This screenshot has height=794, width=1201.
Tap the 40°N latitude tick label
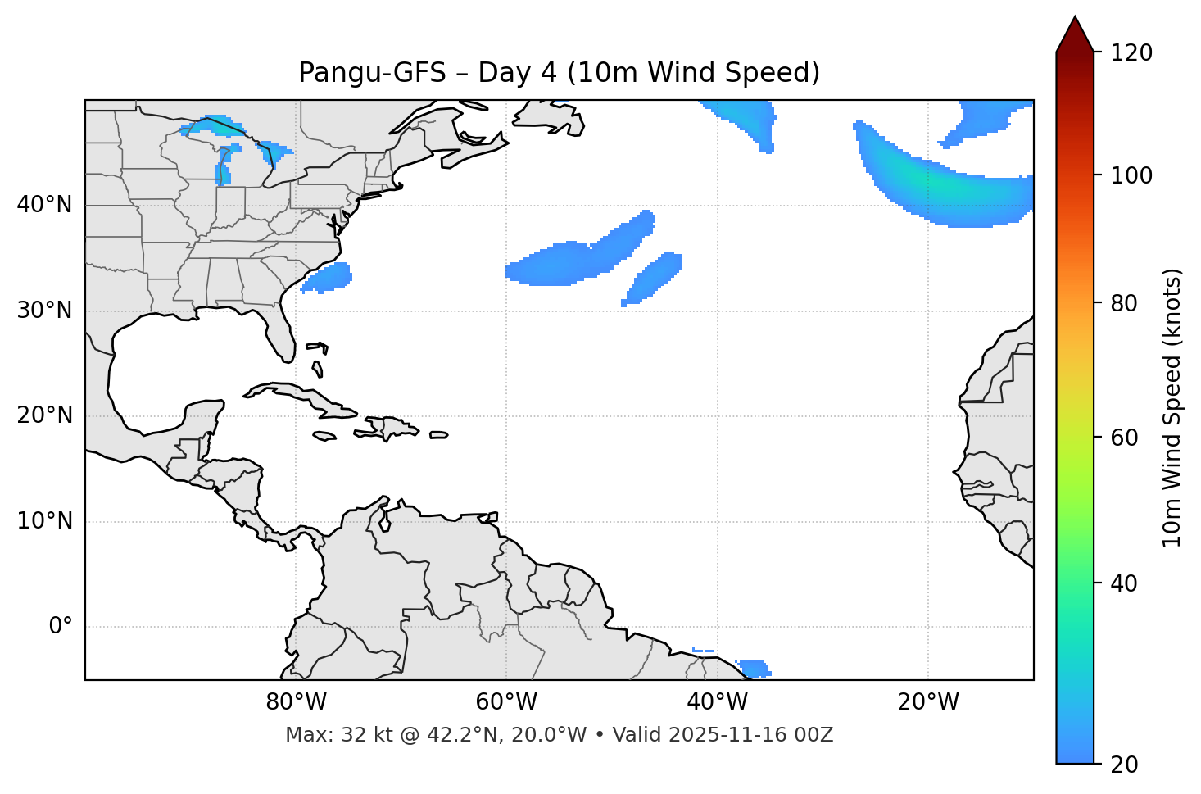[x=44, y=205]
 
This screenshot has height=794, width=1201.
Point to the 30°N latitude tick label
[x=44, y=311]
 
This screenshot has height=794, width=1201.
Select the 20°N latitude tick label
[x=44, y=415]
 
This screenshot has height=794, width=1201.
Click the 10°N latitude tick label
[x=44, y=521]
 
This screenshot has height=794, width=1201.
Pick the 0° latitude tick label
[x=60, y=627]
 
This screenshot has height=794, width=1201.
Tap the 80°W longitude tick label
[x=296, y=702]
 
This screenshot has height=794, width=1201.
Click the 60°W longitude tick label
[x=506, y=702]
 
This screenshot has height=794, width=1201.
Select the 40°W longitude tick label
[x=717, y=702]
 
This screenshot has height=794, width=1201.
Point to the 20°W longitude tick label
[x=927, y=702]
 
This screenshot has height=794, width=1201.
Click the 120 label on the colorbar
[x=1131, y=53]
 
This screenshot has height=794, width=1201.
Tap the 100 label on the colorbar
[x=1131, y=175]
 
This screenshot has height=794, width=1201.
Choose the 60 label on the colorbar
[x=1124, y=438]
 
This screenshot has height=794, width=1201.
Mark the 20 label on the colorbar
[x=1124, y=765]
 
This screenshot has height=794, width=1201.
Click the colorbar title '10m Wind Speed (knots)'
[x=1172, y=407]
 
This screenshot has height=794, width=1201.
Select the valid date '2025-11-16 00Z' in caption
[x=750, y=735]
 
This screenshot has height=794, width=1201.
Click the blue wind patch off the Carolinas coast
[x=328, y=278]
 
